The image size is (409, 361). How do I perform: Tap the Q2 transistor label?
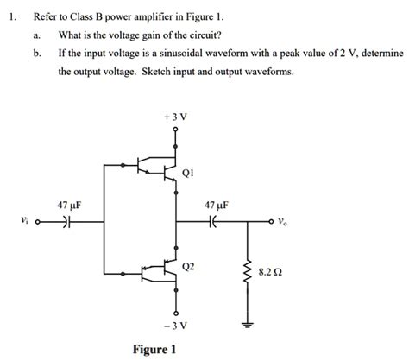pos(191,268)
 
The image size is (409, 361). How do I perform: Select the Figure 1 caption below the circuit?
pos(155,349)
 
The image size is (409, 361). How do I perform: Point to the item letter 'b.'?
pos(37,53)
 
